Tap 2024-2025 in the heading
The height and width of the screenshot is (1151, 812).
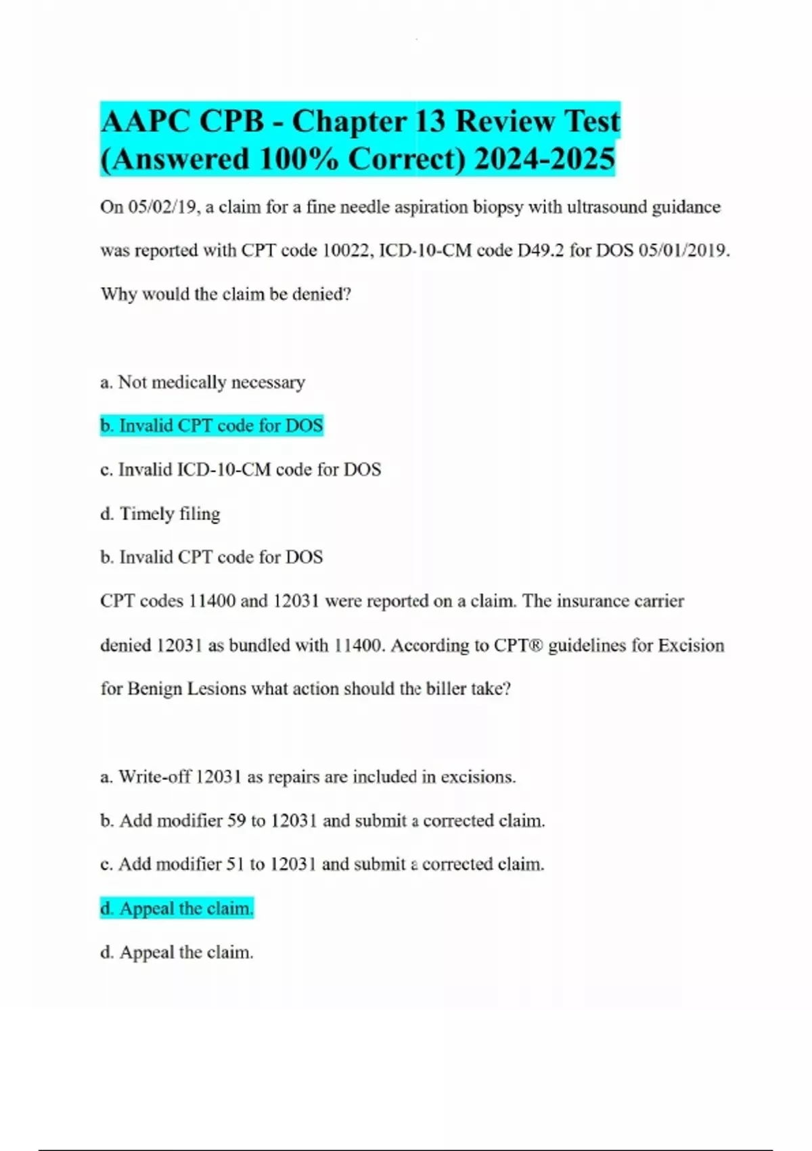[x=545, y=160]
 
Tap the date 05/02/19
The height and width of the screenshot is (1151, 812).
[x=164, y=207]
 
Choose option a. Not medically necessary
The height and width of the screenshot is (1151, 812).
[x=203, y=383]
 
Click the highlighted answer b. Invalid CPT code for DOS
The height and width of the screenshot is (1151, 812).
[x=212, y=426]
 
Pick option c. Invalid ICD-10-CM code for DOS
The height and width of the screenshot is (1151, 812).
[x=241, y=470]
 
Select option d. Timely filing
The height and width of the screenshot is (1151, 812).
[x=160, y=514]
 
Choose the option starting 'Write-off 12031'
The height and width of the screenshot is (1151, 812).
[x=308, y=777]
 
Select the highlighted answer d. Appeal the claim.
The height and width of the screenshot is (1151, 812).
[x=177, y=909]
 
